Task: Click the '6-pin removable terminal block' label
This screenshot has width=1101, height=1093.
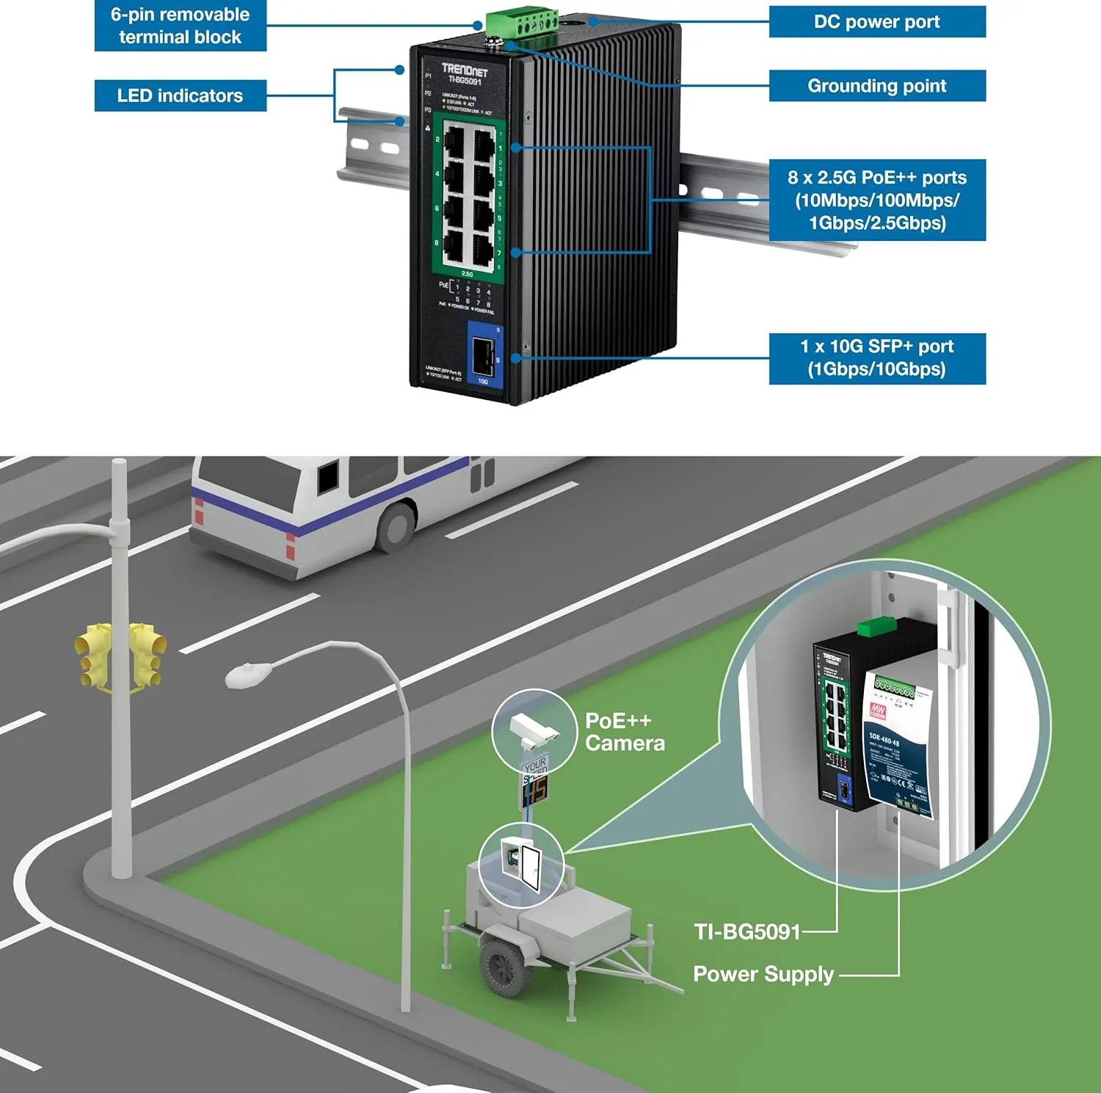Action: pos(180,26)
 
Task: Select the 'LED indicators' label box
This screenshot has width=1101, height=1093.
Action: pos(180,95)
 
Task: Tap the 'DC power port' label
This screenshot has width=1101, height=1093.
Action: pos(876,21)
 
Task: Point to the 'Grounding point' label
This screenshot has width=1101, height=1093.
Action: pos(876,86)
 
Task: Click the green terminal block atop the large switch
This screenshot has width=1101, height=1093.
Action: pos(521,25)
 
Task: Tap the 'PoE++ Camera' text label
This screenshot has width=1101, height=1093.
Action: pos(625,732)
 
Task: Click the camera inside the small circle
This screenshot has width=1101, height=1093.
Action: pos(534,727)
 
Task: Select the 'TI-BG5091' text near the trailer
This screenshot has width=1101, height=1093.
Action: pos(747,932)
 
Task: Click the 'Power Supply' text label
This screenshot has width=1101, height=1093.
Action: pos(763,974)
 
